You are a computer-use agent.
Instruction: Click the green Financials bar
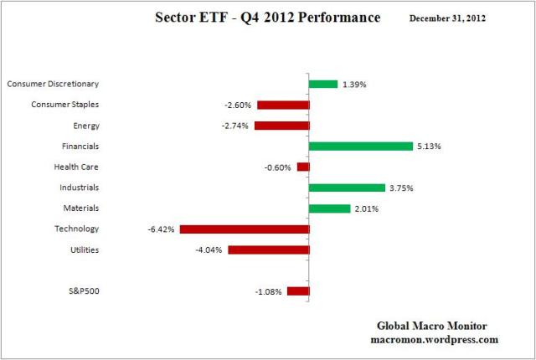pyautogui.click(x=360, y=146)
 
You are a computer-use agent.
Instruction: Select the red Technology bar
pyautogui.click(x=244, y=229)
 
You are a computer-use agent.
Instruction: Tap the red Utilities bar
pyautogui.click(x=268, y=249)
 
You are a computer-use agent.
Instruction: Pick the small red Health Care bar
pyautogui.click(x=303, y=167)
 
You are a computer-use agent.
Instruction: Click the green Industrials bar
pyautogui.click(x=347, y=188)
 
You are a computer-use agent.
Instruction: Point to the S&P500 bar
pyautogui.click(x=298, y=291)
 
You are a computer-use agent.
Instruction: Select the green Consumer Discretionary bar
pyautogui.click(x=323, y=84)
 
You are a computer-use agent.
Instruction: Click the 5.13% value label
pyautogui.click(x=429, y=147)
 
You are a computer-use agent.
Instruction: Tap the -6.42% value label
pyautogui.click(x=161, y=229)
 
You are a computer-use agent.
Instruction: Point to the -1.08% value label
pyautogui.click(x=268, y=291)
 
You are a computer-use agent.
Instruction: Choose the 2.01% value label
pyautogui.click(x=365, y=208)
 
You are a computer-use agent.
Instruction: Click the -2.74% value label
pyautogui.click(x=235, y=126)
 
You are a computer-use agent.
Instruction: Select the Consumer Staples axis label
pyautogui.click(x=65, y=105)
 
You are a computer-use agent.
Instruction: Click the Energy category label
pyautogui.click(x=86, y=126)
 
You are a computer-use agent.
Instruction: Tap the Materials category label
pyautogui.click(x=81, y=208)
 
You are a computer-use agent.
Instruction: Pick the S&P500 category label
pyautogui.click(x=84, y=291)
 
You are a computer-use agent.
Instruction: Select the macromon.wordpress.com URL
pyautogui.click(x=434, y=340)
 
